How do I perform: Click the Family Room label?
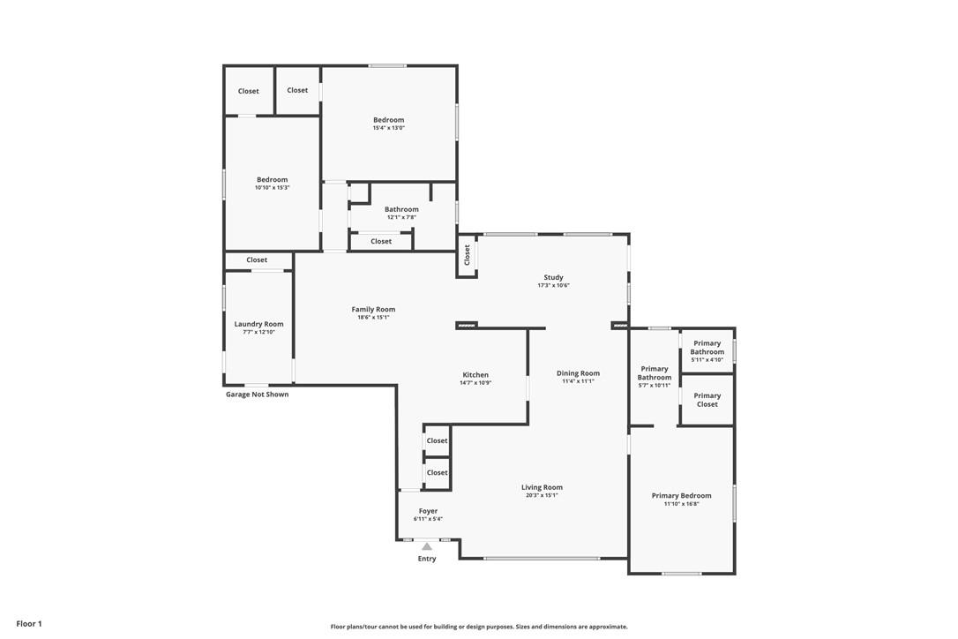point(373,310)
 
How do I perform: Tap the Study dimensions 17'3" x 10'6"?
point(553,286)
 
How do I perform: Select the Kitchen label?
point(475,375)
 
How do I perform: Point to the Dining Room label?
point(578,373)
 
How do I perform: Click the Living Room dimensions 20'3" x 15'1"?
point(542,495)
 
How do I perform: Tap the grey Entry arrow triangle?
point(427,546)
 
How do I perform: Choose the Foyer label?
point(429,511)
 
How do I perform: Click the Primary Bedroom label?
point(681,496)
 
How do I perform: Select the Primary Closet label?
point(707,400)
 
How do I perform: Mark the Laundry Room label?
point(259,324)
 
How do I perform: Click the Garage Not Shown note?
point(258,395)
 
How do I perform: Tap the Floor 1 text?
point(29,624)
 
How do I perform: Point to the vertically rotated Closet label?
point(467,255)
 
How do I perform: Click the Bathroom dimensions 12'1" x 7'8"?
point(401,217)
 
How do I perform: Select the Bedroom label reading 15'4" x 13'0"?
point(388,120)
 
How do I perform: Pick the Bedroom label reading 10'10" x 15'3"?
point(272,180)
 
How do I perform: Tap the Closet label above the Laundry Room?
point(257,259)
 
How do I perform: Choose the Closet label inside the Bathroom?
point(380,242)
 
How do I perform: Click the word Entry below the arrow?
point(427,559)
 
